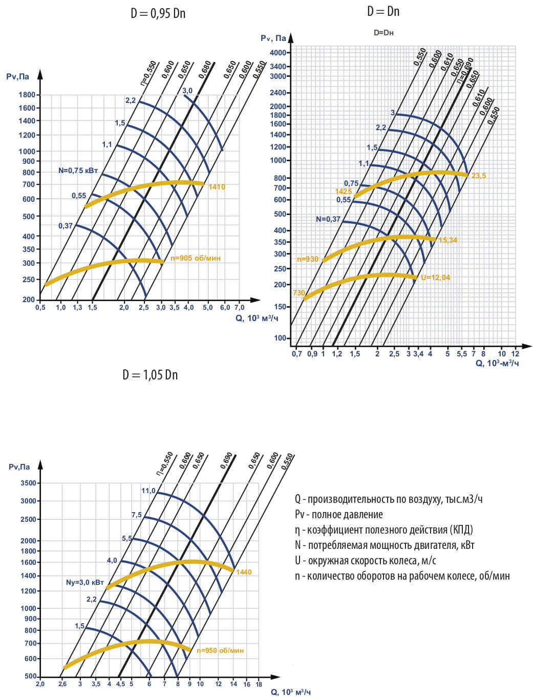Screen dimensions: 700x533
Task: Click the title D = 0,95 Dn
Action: [x=158, y=14]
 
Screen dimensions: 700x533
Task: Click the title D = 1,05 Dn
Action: [x=150, y=375]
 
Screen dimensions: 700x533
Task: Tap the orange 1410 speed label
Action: [x=217, y=187]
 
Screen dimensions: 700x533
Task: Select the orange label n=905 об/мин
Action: [x=196, y=258]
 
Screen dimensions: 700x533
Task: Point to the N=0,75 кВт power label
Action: [x=78, y=171]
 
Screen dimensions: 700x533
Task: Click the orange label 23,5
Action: [x=479, y=176]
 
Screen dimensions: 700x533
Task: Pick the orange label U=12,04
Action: [x=435, y=278]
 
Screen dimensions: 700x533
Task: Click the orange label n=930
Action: [x=308, y=259]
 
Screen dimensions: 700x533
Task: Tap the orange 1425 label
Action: [x=344, y=192]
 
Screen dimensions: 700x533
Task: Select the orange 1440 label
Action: [x=244, y=572]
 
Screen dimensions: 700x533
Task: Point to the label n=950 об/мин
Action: [x=220, y=651]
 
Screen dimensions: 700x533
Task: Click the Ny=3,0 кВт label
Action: [x=85, y=583]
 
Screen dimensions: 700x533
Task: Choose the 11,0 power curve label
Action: [x=148, y=491]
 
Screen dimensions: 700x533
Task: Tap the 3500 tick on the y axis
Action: [x=28, y=483]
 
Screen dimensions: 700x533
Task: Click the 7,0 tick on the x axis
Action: [x=239, y=308]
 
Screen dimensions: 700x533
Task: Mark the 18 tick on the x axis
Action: [x=259, y=684]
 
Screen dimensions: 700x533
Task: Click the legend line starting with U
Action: [x=366, y=560]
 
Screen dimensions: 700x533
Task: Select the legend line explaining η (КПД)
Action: [x=383, y=529]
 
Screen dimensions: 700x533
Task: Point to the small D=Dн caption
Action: [x=383, y=33]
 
